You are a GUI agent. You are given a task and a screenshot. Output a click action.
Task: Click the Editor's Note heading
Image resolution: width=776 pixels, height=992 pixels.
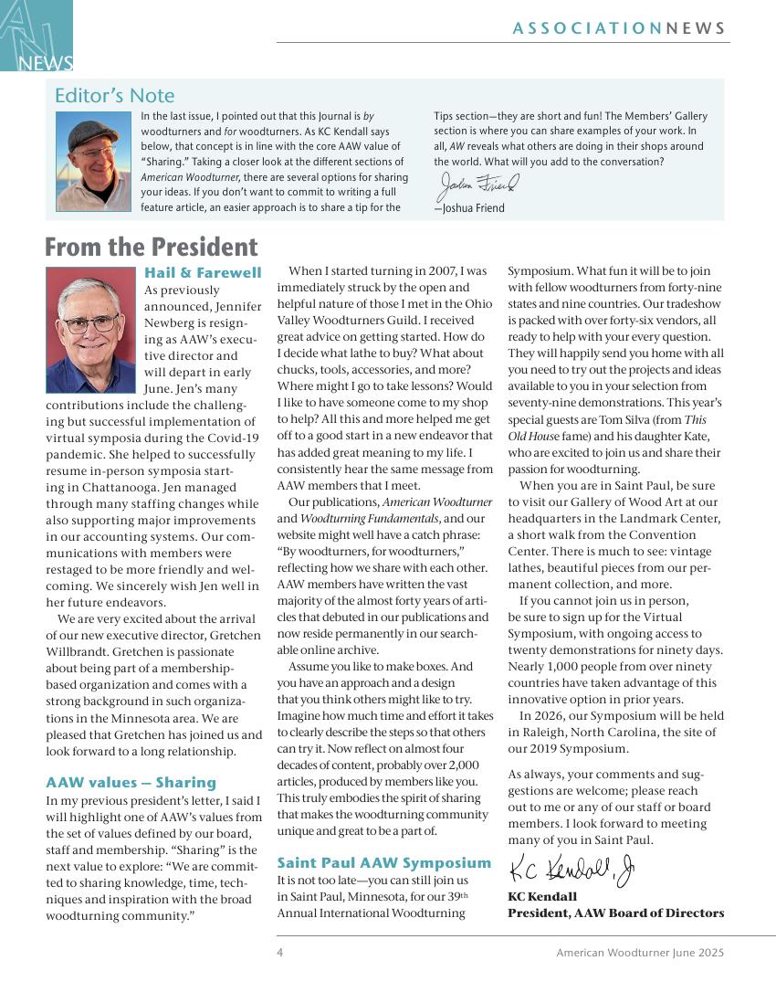pyautogui.click(x=114, y=96)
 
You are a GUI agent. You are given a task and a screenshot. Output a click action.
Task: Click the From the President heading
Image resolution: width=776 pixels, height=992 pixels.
pyautogui.click(x=151, y=248)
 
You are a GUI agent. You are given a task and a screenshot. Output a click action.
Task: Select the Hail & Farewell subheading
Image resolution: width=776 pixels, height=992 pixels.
pyautogui.click(x=203, y=272)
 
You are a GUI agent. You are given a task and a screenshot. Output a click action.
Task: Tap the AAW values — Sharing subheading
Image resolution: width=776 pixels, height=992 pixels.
pyautogui.click(x=131, y=783)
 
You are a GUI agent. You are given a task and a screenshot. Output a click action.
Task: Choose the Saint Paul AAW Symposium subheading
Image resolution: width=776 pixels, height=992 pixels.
pyautogui.click(x=384, y=863)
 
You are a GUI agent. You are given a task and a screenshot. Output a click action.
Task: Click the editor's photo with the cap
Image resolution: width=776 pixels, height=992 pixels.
pyautogui.click(x=93, y=161)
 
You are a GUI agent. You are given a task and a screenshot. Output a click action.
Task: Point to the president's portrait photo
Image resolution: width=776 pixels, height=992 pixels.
pyautogui.click(x=89, y=330)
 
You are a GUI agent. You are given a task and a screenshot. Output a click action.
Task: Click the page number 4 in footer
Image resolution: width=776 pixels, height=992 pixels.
pyautogui.click(x=280, y=953)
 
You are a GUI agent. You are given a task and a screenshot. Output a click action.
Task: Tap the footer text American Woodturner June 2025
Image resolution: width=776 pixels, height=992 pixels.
pyautogui.click(x=640, y=953)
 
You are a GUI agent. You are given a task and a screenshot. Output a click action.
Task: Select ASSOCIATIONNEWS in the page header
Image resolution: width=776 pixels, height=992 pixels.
pyautogui.click(x=619, y=28)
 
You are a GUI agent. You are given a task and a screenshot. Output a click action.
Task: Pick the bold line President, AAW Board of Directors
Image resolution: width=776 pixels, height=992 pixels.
pyautogui.click(x=615, y=913)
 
